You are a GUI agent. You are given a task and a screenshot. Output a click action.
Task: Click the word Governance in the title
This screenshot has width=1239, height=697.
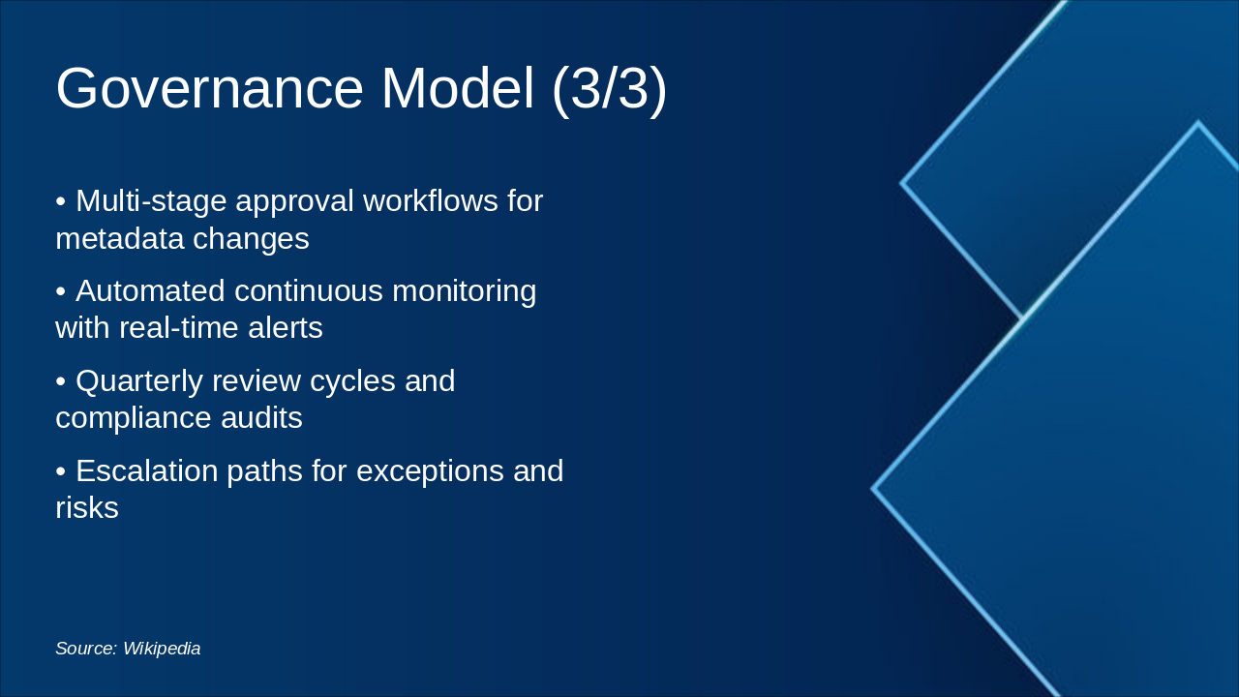point(209,88)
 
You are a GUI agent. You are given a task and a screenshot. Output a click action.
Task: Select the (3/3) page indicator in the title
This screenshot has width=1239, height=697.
point(609,88)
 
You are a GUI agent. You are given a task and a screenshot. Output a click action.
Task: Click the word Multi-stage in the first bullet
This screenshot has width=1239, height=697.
point(150,201)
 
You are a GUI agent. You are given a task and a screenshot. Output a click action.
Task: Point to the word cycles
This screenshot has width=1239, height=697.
point(348,381)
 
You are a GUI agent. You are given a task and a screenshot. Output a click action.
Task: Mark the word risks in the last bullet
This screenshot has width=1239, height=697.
point(87,508)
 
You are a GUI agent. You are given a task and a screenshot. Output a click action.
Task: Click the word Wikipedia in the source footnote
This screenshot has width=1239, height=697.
point(162,649)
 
